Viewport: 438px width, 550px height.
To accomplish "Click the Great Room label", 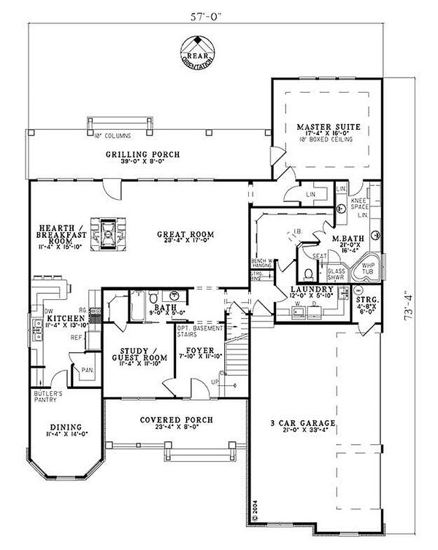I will tap(185, 234).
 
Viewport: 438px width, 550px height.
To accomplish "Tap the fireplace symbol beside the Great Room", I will tap(107, 233).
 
